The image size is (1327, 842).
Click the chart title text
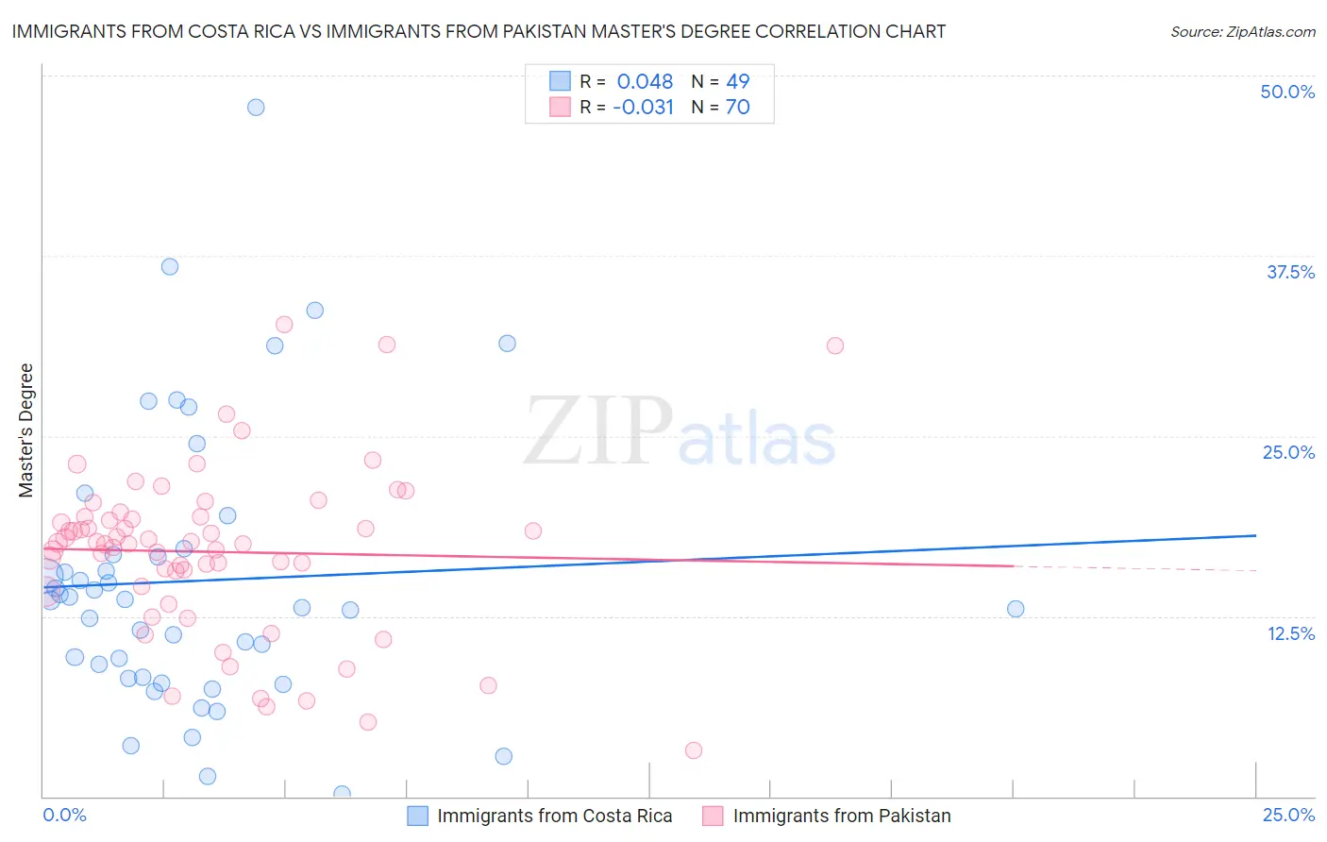click(479, 31)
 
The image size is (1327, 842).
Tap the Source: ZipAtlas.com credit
click(1242, 31)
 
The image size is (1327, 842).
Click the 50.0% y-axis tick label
click(1287, 92)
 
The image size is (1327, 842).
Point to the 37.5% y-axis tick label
click(1290, 272)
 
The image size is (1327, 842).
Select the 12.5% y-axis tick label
click(1290, 633)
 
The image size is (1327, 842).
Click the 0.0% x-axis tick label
click(64, 815)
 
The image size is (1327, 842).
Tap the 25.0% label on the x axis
click(1288, 815)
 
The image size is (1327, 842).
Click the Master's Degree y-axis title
click(25, 430)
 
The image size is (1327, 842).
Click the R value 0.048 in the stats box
click(645, 81)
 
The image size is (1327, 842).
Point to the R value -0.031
click(643, 107)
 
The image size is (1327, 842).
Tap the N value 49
click(737, 81)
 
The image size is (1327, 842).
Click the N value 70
click(737, 107)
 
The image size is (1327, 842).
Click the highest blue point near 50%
click(256, 107)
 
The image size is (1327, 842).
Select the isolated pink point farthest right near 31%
click(834, 345)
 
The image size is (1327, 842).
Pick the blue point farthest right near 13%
click(1016, 609)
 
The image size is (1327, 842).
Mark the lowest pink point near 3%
click(694, 750)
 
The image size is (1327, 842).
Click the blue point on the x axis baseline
click(342, 794)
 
